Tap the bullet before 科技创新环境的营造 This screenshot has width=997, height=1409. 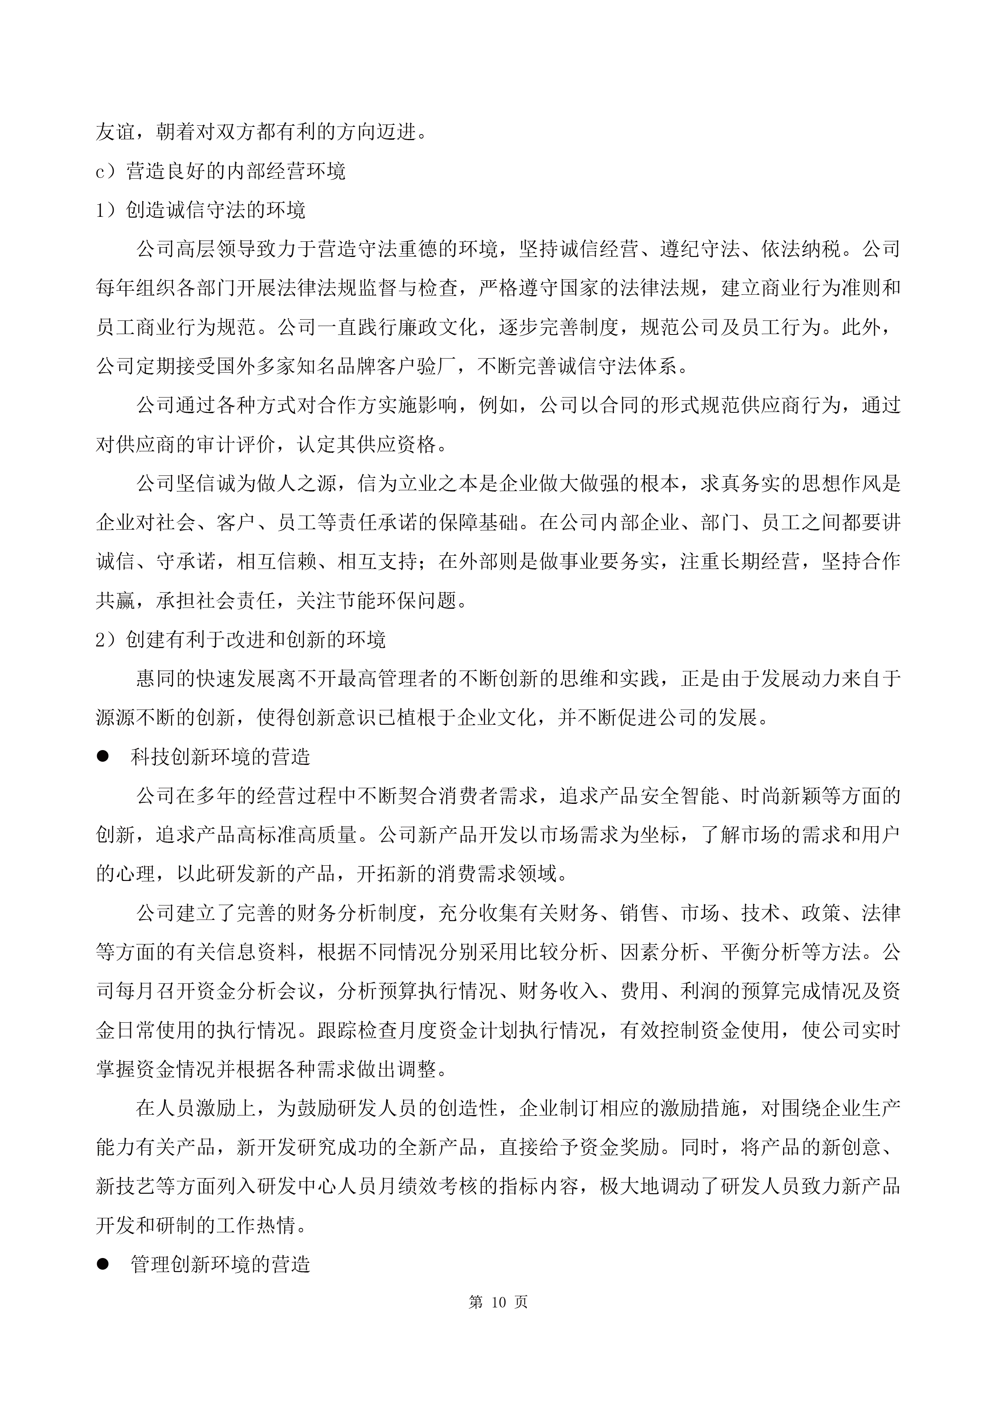click(x=102, y=756)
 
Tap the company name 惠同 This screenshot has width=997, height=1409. click(x=155, y=679)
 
